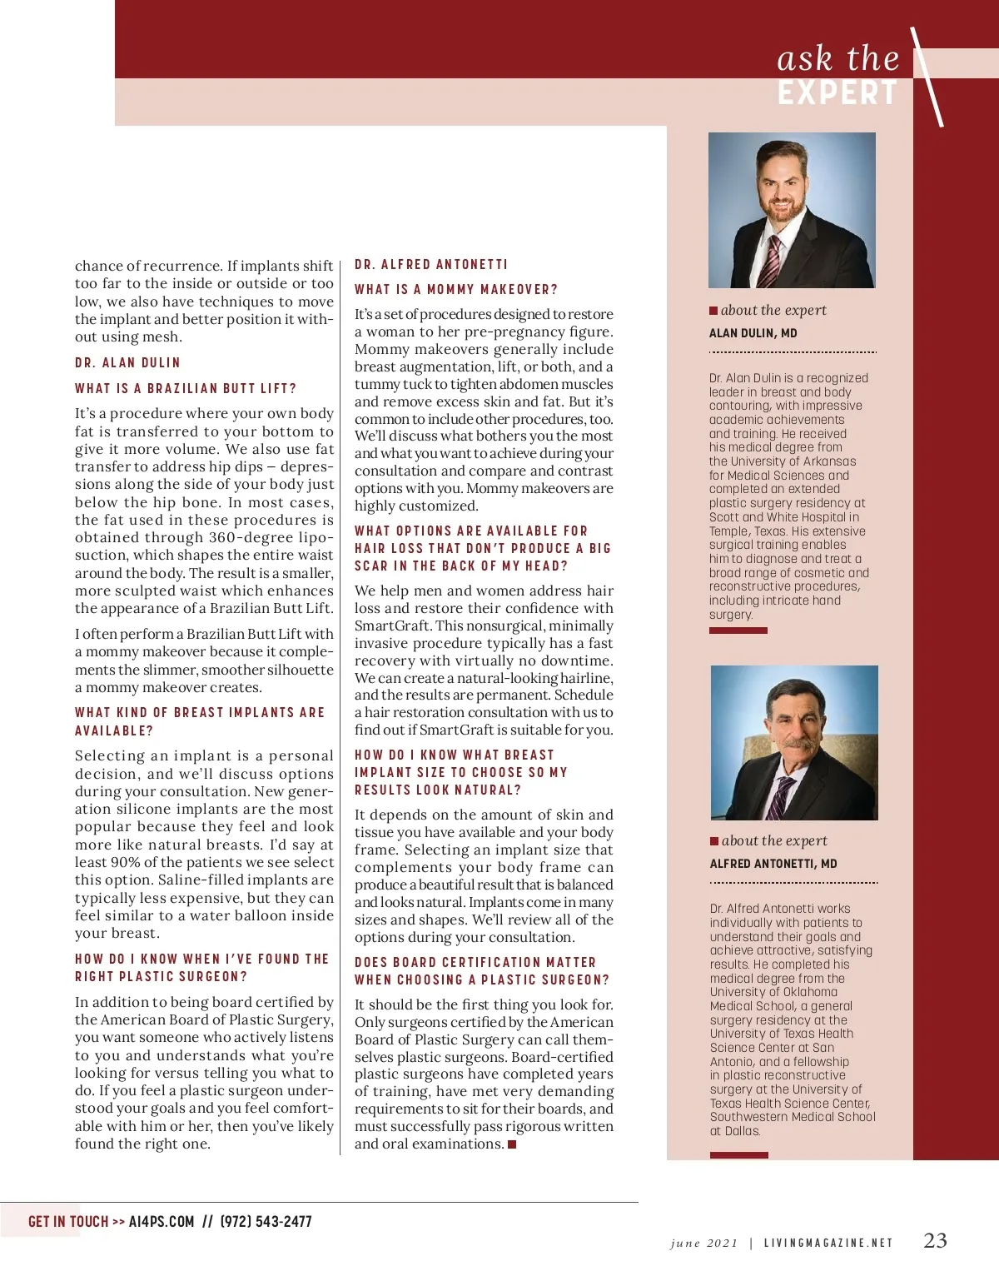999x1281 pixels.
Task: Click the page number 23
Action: click(935, 1241)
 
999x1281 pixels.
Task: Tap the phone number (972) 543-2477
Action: click(266, 1222)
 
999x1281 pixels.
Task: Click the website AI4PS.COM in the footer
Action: click(162, 1222)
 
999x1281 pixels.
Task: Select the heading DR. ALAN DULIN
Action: click(127, 363)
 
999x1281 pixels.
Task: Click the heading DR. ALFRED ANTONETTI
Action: click(430, 265)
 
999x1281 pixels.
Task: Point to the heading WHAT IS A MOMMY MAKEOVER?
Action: click(455, 290)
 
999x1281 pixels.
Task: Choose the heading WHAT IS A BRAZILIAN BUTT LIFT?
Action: click(186, 389)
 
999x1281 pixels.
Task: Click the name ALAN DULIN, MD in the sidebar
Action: click(753, 333)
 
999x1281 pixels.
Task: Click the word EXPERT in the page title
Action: click(837, 93)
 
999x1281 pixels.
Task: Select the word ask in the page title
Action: click(804, 59)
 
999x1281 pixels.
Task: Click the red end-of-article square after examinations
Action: click(512, 1144)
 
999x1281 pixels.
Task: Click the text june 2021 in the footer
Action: click(703, 1244)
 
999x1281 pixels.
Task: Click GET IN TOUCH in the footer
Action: click(68, 1222)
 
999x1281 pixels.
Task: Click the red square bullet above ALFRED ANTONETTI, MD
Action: click(714, 841)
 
